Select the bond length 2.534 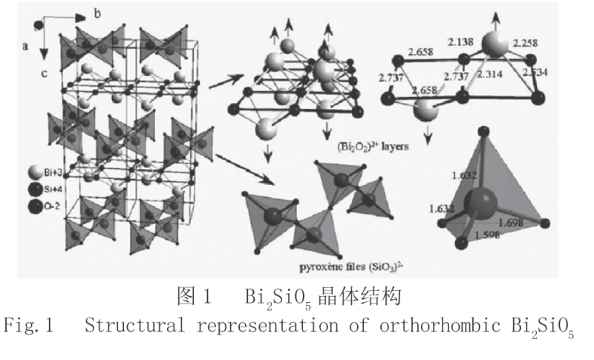pos(536,72)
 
